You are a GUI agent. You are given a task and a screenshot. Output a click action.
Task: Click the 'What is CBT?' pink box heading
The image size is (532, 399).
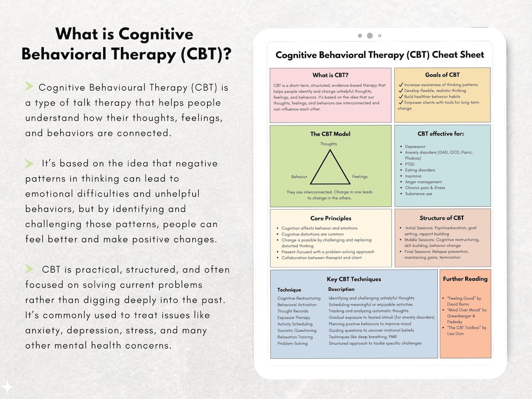click(330, 75)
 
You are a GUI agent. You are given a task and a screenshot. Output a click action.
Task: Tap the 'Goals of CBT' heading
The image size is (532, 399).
click(442, 75)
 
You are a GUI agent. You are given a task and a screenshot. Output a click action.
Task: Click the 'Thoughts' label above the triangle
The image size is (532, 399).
click(329, 144)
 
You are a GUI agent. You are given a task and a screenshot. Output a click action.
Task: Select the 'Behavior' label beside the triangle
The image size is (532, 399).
click(299, 177)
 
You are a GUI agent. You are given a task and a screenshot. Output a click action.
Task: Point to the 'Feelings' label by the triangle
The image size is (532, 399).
click(360, 177)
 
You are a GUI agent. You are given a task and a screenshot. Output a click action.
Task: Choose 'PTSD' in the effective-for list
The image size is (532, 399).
click(410, 164)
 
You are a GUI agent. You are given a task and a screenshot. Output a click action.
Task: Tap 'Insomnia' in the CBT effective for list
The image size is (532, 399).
click(413, 176)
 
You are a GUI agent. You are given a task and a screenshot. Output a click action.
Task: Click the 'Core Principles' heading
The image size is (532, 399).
click(330, 218)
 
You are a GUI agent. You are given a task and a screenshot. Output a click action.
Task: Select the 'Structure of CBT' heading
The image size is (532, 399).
click(441, 218)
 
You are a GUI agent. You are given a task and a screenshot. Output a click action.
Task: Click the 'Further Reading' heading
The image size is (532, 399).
click(465, 279)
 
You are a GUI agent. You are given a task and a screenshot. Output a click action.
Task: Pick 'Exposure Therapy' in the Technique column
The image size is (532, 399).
click(294, 317)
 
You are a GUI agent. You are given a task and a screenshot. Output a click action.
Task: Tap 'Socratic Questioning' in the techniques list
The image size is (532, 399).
click(297, 330)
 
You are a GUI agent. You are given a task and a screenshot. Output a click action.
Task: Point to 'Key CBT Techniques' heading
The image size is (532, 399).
click(354, 279)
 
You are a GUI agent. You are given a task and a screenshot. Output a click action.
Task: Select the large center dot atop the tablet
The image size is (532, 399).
click(370, 35)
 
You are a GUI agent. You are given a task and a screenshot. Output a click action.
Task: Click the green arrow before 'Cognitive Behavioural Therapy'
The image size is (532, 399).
click(29, 86)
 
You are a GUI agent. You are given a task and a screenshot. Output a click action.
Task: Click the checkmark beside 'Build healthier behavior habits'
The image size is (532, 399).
click(400, 97)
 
